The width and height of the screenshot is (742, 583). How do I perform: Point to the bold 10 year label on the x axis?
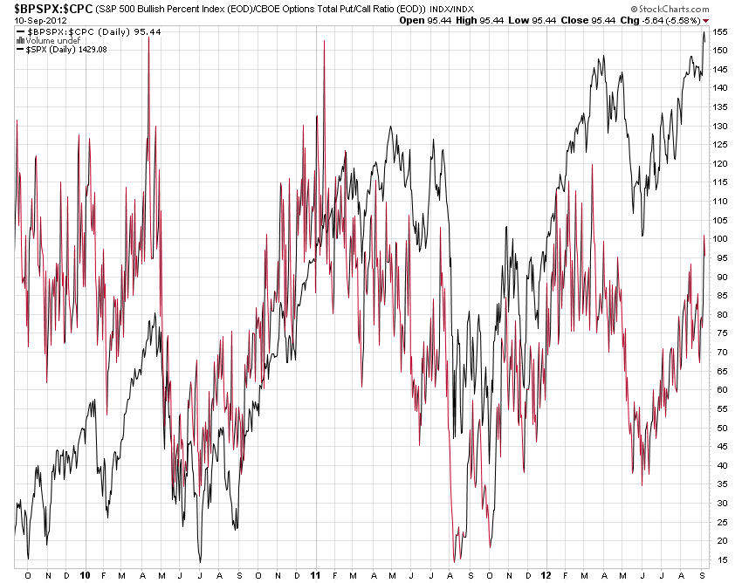pyautogui.click(x=86, y=576)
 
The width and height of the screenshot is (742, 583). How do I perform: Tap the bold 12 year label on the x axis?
pyautogui.click(x=546, y=576)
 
